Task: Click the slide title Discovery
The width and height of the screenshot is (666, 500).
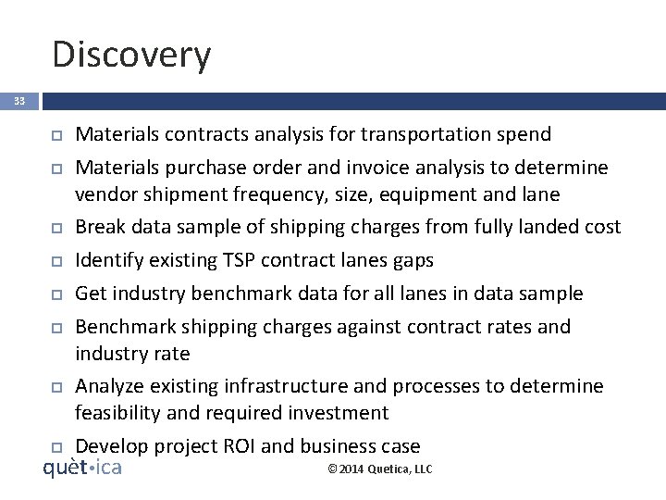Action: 131,54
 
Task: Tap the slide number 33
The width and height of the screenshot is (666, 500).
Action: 19,101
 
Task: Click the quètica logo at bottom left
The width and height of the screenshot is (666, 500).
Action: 82,468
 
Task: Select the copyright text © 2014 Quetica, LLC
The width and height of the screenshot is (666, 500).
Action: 380,469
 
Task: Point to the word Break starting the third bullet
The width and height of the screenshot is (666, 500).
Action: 98,227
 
